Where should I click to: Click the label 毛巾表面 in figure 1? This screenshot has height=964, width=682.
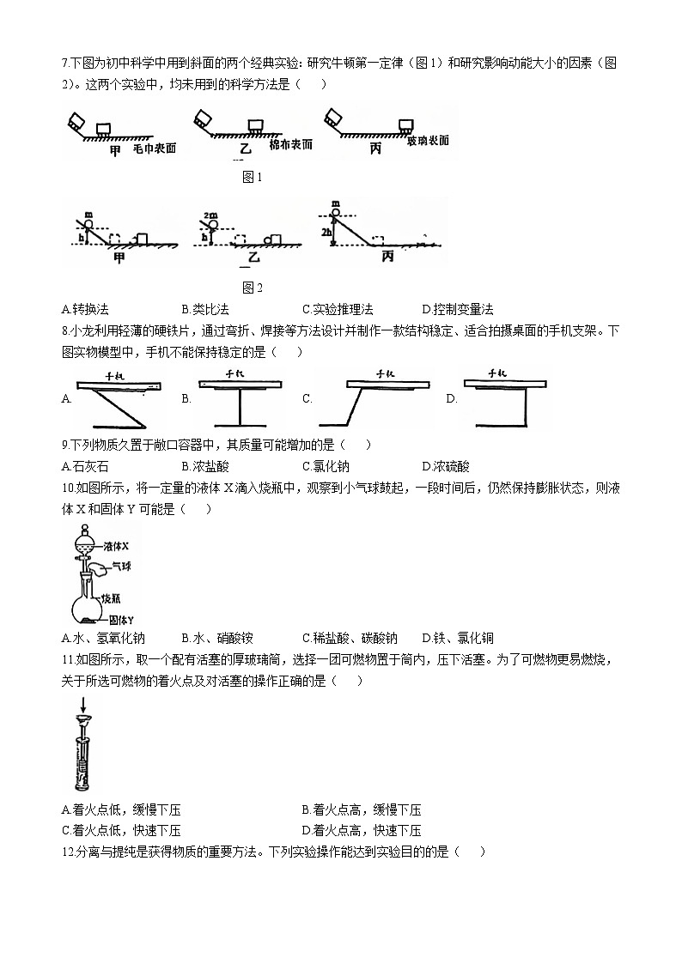pos(155,149)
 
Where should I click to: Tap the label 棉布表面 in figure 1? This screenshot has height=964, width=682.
pos(289,144)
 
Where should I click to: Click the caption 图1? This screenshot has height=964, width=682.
pos(252,178)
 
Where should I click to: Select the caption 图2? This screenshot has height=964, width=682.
pos(252,288)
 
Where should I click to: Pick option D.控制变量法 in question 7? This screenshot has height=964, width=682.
pos(458,309)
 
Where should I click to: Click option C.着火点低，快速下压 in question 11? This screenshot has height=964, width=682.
pos(121,830)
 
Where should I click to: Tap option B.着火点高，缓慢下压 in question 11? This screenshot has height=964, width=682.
pos(362,809)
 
